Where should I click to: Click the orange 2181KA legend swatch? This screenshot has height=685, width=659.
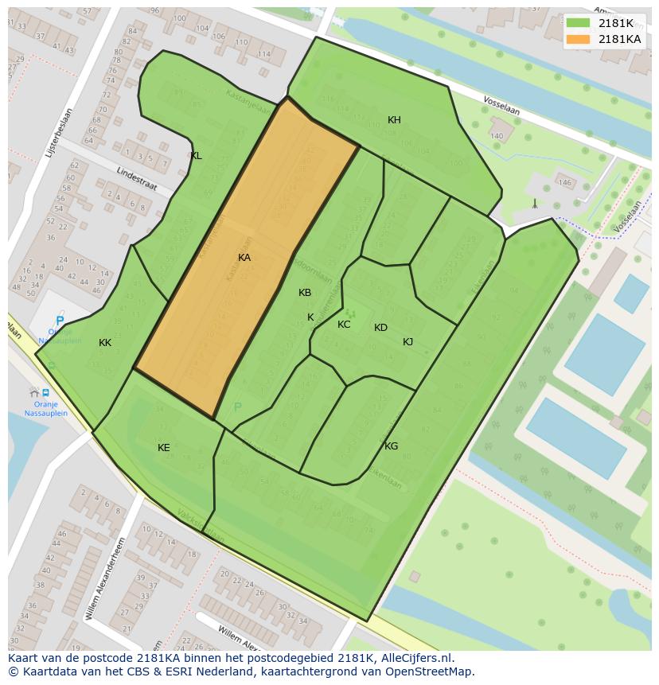[x=579, y=39]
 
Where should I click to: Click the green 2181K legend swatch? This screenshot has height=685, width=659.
[x=579, y=23]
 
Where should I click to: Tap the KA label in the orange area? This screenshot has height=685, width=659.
[x=244, y=258]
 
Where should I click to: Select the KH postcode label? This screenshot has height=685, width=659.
[x=394, y=120]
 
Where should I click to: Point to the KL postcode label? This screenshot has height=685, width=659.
[x=196, y=156]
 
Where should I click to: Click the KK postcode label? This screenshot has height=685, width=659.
[x=105, y=343]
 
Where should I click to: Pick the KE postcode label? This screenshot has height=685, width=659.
[x=163, y=448]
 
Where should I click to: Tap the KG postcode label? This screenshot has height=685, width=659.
[x=391, y=446]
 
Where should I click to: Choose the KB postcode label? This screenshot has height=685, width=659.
[x=305, y=293]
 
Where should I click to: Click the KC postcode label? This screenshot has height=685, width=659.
[x=344, y=325]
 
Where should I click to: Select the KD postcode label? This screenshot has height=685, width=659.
[x=380, y=328]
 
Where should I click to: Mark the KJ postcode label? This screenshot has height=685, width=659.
[x=407, y=342]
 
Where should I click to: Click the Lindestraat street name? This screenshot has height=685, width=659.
[x=136, y=178]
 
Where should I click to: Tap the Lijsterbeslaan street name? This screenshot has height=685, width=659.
[x=59, y=131]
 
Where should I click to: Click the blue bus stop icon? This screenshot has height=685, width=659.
[x=45, y=392]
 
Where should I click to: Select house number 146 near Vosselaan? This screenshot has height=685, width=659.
[x=565, y=183]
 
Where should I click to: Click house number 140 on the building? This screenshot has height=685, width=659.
[x=497, y=136]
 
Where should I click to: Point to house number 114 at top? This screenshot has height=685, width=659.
[x=264, y=54]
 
